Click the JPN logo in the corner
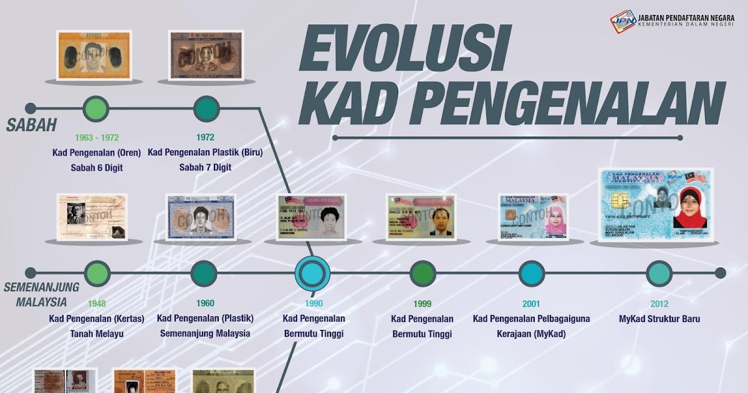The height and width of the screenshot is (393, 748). point(621,21)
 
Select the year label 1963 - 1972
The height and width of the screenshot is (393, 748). point(97,137)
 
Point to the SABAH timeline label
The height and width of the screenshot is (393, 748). point(32,125)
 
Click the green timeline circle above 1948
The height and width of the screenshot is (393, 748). point(97,273)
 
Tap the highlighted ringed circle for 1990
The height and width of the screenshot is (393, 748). point(312,273)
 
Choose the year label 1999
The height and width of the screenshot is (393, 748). point(422,304)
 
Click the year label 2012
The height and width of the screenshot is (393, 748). point(659,304)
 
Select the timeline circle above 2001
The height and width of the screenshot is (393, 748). point(532,273)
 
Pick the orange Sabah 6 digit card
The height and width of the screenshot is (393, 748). point(93,55)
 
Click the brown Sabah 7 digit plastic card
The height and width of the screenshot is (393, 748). point(206,55)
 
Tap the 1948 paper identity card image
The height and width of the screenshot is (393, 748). point(92,216)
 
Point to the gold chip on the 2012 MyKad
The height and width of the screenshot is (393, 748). point(617,201)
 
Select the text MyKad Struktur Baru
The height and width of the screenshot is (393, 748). point(659,319)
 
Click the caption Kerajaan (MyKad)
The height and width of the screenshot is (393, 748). point(531,334)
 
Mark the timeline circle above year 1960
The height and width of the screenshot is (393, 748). point(204,273)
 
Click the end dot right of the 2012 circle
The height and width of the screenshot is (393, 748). point(720,273)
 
